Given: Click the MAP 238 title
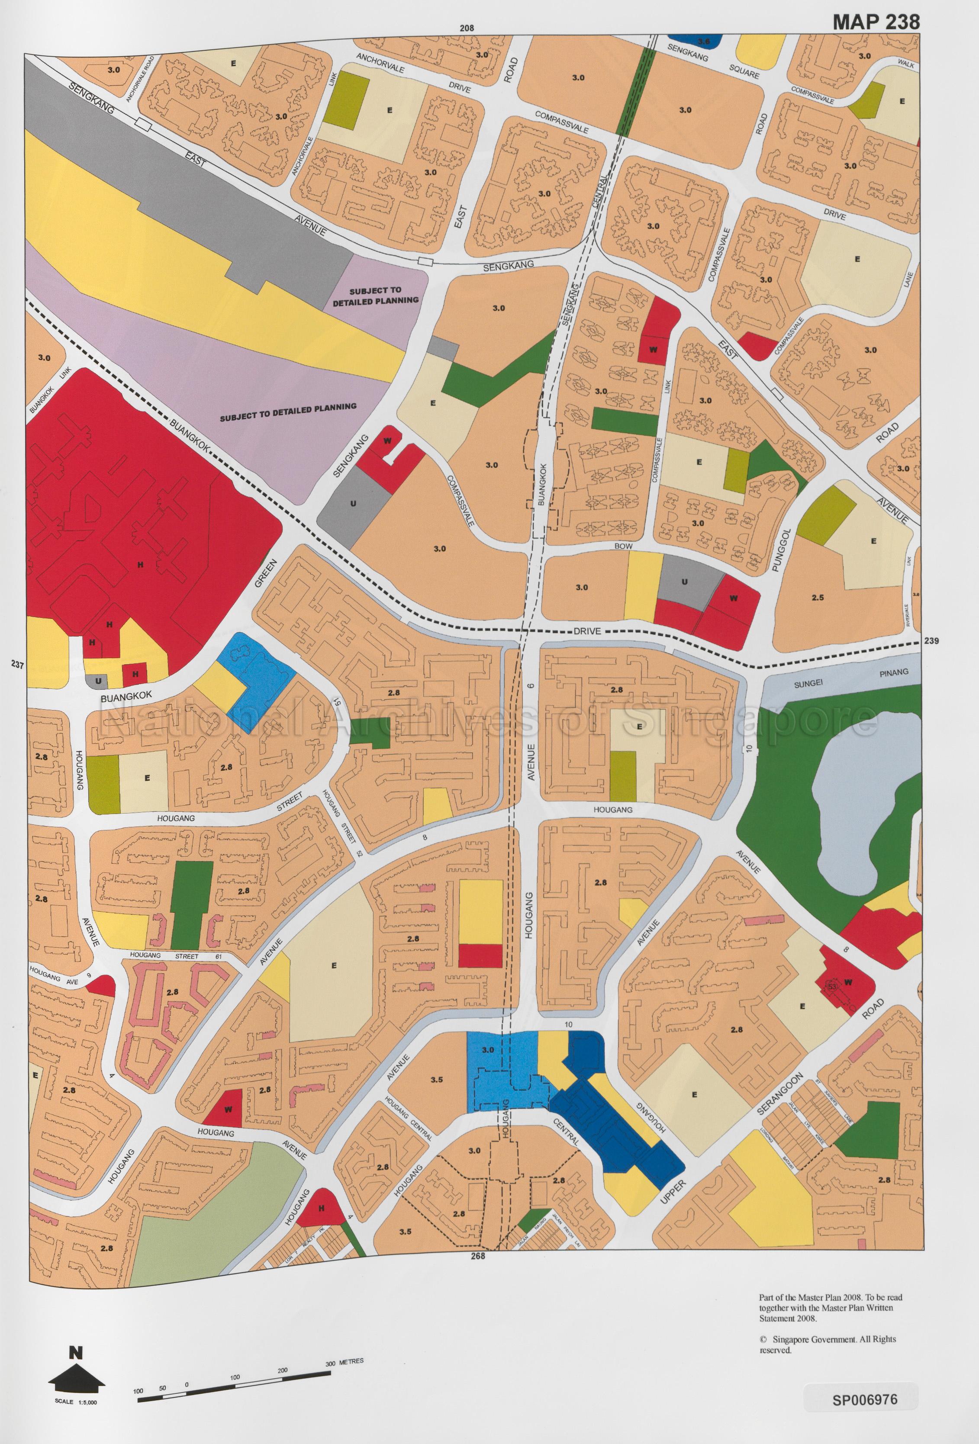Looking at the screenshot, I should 875,22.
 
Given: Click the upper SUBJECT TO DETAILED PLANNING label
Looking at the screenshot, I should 375,295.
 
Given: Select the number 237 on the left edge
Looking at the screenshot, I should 17,665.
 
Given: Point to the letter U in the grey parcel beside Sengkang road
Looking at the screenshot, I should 352,503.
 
